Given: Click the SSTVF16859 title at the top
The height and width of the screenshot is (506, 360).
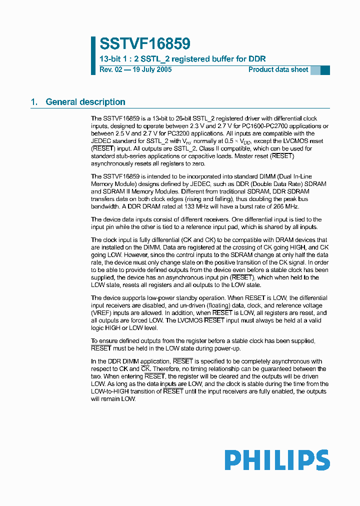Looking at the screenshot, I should click(144, 44).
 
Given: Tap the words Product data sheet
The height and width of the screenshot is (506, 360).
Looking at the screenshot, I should click(278, 69).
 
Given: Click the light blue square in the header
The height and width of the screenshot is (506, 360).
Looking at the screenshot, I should click(315, 70).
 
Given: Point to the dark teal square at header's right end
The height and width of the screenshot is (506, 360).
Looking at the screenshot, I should click(325, 70).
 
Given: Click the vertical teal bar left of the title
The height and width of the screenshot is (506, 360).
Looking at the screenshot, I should click(93, 55).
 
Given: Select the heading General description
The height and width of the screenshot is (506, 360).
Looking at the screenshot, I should click(85, 102).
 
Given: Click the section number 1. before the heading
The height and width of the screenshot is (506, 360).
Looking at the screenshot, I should click(34, 102).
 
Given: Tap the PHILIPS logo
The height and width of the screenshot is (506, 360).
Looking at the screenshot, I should click(276, 460).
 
